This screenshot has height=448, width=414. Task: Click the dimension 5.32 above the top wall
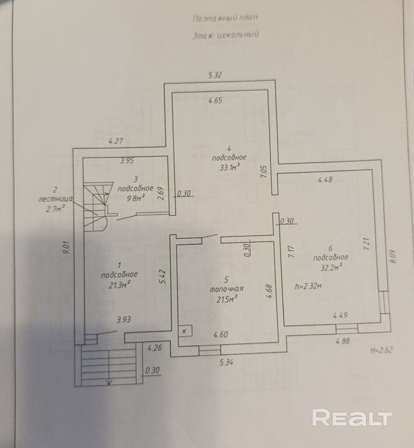pyautogui.click(x=215, y=75)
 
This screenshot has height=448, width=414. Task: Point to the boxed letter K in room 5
pyautogui.click(x=185, y=331)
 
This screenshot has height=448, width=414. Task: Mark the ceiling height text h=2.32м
pyautogui.click(x=308, y=286)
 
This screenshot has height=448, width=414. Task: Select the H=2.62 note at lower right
pyautogui.click(x=382, y=350)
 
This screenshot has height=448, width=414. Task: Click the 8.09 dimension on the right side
pyautogui.click(x=392, y=256)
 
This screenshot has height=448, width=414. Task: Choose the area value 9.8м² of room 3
pyautogui.click(x=136, y=197)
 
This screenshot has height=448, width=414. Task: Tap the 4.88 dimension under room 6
pyautogui.click(x=343, y=341)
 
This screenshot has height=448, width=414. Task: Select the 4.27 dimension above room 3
pyautogui.click(x=116, y=141)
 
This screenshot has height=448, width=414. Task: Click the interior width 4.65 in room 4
pyautogui.click(x=215, y=101)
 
